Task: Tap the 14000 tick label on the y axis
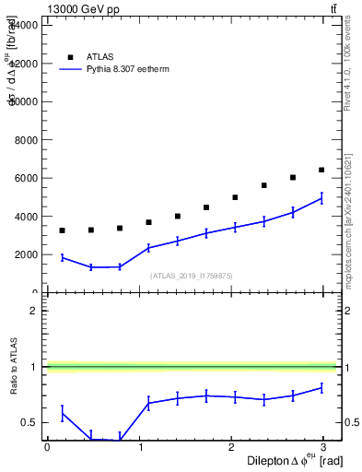[x=24, y=25]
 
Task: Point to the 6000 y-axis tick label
[x=27, y=178]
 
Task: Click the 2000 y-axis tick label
[x=27, y=254]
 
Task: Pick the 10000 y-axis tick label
[x=24, y=101]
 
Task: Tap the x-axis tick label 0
[x=47, y=448]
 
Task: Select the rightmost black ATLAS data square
[x=321, y=170]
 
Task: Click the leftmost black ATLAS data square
[x=62, y=230]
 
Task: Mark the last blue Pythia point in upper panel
[x=321, y=198]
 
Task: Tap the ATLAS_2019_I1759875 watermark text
[x=192, y=276]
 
